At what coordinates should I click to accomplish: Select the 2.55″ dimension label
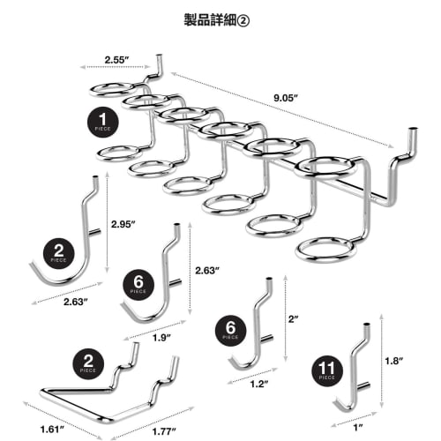[x=118, y=61]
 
